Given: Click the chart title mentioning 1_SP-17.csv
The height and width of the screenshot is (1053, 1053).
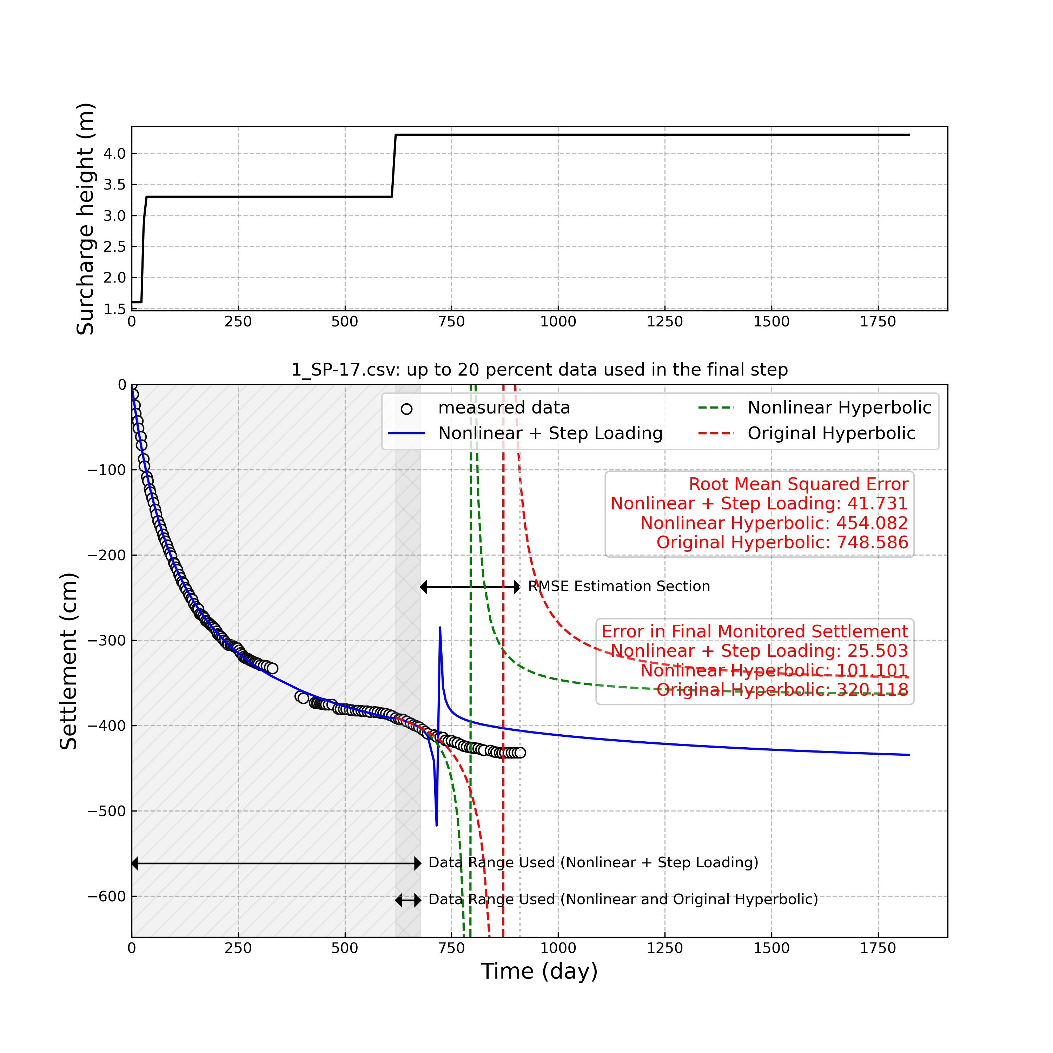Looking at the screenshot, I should coord(539,370).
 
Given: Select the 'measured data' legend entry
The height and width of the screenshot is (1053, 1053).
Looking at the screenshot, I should coord(504,408).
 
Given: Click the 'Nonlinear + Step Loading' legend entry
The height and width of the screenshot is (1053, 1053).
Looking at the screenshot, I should coord(550,433).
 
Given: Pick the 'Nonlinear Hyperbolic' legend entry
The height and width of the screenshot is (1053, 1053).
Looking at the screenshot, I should coord(839,408).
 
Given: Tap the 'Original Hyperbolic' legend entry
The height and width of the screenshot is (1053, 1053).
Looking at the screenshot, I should coord(831,433).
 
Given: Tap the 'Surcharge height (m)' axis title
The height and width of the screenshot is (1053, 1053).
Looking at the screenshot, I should coord(86,219).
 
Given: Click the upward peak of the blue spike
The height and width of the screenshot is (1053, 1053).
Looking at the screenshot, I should coord(440,628).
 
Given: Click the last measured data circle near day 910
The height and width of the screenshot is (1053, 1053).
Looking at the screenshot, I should coord(520,753).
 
